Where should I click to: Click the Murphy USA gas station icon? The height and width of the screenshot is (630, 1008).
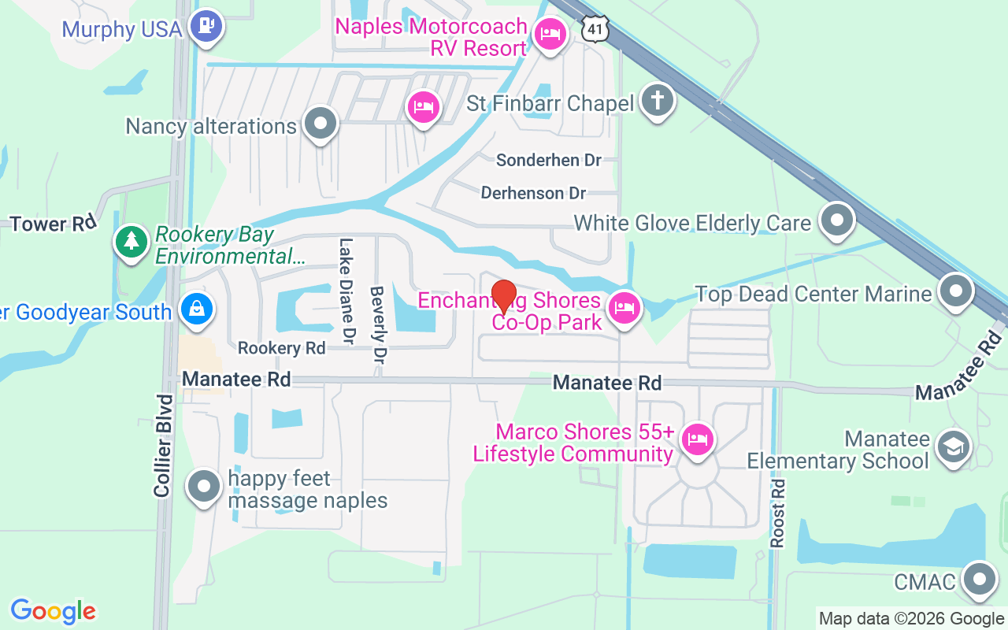(x=207, y=26)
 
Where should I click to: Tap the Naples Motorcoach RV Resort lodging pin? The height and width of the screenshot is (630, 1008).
(x=550, y=35)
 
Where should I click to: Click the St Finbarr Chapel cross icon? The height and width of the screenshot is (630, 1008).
(x=658, y=101)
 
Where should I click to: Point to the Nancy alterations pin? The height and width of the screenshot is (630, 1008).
(x=320, y=124)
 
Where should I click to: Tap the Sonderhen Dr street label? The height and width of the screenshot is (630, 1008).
(x=548, y=160)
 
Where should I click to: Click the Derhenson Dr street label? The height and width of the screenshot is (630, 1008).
(x=533, y=193)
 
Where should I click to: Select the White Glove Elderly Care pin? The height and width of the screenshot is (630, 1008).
(x=836, y=221)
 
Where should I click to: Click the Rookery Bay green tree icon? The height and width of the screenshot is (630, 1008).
(x=132, y=242)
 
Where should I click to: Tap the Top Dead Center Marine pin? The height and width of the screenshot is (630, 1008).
(x=956, y=291)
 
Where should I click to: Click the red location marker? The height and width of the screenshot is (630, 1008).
(x=503, y=298)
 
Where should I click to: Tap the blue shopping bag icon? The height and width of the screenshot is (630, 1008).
(x=195, y=309)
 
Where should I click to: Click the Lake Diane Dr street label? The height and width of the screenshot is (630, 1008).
(x=346, y=291)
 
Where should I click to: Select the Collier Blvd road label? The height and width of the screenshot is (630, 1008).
(x=163, y=445)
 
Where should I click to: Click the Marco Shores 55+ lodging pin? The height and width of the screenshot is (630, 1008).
(x=696, y=439)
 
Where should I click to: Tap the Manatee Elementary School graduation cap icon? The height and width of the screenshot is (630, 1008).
(x=953, y=447)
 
